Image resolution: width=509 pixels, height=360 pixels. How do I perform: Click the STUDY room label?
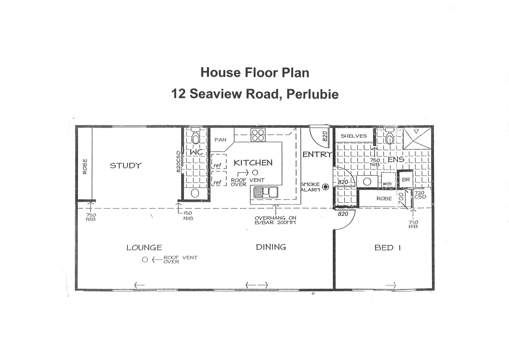click(x=126, y=166)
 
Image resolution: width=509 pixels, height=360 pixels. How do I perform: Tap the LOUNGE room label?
click(x=144, y=248)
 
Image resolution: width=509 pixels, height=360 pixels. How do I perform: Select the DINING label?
click(x=271, y=247)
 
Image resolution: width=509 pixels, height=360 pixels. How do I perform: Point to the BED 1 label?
click(x=387, y=248)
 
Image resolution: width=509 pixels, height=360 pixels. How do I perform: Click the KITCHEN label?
click(x=253, y=163)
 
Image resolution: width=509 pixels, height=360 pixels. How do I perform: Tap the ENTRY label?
click(x=317, y=154)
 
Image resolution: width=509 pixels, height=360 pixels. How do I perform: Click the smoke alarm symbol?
click(x=325, y=187)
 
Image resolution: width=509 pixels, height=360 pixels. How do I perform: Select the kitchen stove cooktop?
click(x=258, y=135)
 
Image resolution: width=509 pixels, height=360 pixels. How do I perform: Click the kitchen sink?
click(x=266, y=192)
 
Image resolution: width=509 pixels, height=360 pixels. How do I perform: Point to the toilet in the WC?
click(x=195, y=137)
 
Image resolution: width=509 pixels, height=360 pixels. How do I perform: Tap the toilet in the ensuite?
click(x=389, y=137)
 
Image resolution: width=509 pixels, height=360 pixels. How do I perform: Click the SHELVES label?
click(x=353, y=136)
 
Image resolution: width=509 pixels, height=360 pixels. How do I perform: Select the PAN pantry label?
click(x=220, y=140)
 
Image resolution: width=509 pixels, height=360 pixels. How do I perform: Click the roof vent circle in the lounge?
click(x=145, y=260)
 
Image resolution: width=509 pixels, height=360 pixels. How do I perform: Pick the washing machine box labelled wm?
click(x=387, y=183)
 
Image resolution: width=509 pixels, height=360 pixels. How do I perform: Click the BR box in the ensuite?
click(x=406, y=180)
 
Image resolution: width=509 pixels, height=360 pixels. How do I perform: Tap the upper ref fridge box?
click(x=218, y=165)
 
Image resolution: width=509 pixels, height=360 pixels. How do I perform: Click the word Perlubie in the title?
click(x=312, y=94)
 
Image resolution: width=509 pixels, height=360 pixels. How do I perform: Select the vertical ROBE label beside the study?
click(x=85, y=166)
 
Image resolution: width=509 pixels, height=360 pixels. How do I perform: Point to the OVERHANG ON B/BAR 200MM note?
click(x=275, y=220)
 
